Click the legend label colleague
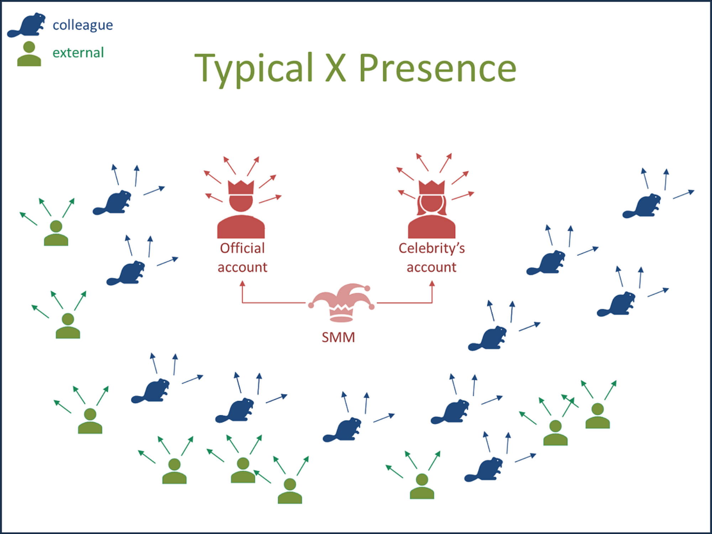coord(83,25)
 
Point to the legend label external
coord(78,53)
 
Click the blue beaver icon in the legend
coord(27,26)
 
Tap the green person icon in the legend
coord(29,54)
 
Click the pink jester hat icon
coord(341,302)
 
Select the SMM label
coord(338,337)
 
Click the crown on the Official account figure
coord(241,187)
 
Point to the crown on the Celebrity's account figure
coord(431,187)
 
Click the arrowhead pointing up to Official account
coord(242,284)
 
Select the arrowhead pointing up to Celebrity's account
coord(432,284)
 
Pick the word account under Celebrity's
coord(431,267)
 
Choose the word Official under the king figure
coord(242,248)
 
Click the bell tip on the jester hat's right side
coord(372,307)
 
